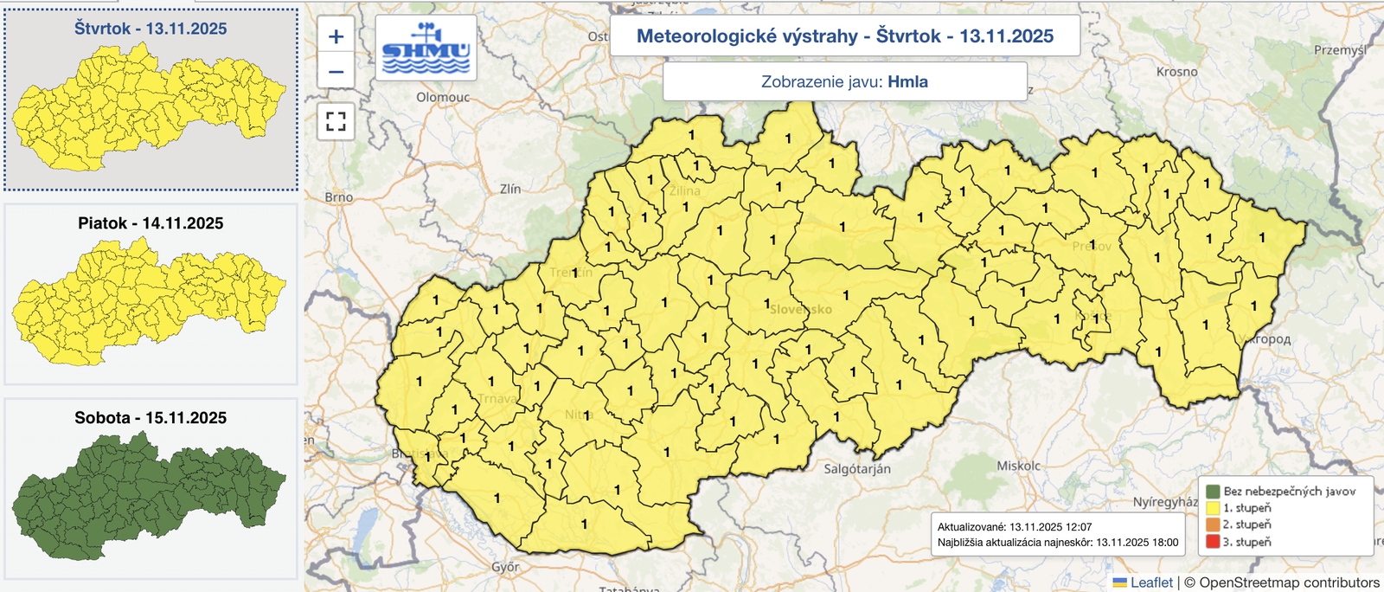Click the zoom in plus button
pos(336,36)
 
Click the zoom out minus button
pos(336,72)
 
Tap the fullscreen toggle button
pos(336,121)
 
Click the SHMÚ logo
pos(426,48)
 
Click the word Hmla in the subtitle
pos(907,81)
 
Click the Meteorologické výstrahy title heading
pos(844,35)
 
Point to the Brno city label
pos(339,197)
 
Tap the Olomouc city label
pos(443,97)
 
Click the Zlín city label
pos(510,188)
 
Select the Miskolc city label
pos(1018,466)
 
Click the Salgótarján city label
pos(856,468)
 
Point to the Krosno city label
pos(1176,71)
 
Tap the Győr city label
pos(505,567)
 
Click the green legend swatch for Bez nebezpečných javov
pos(1213,491)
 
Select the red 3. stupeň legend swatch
pos(1213,542)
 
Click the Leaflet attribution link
pos(1151,582)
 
